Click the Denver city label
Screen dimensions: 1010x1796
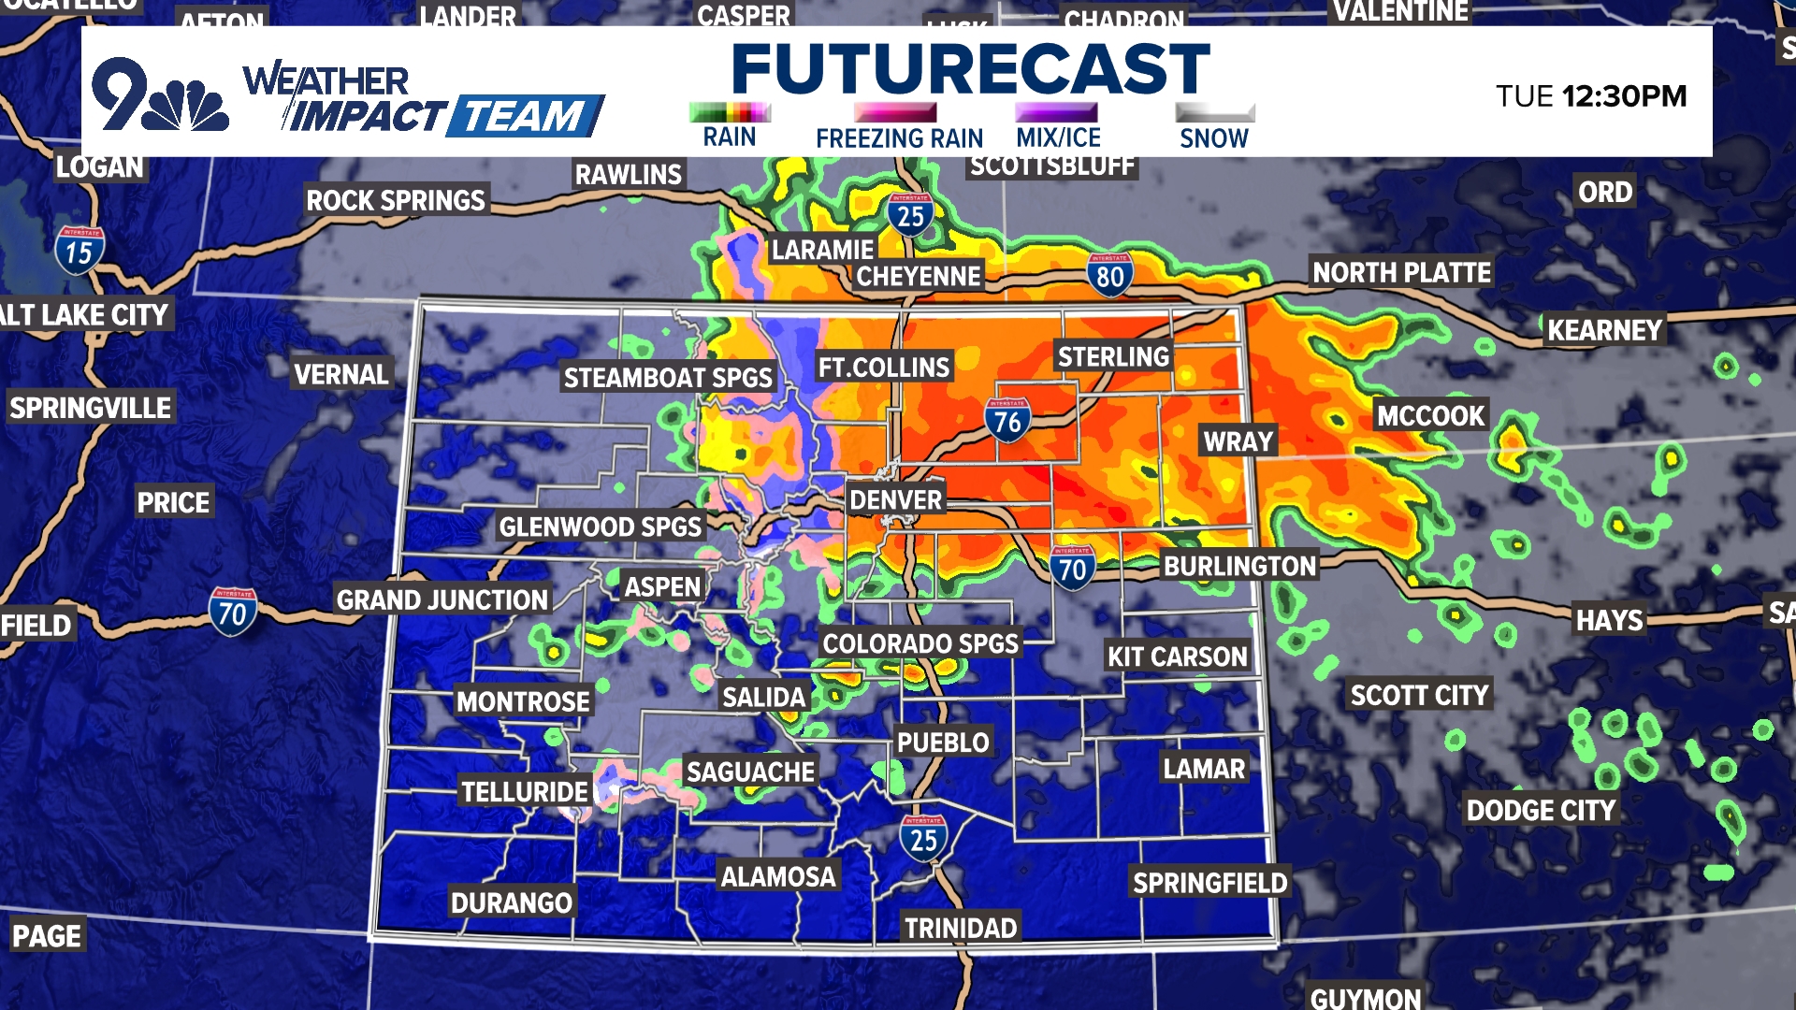pyautogui.click(x=895, y=500)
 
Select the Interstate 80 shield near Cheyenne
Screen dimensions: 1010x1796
pyautogui.click(x=1110, y=276)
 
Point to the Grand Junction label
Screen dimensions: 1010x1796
pyautogui.click(x=442, y=599)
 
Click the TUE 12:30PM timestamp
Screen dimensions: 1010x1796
pyautogui.click(x=1590, y=95)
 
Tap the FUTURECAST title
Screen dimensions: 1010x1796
pyautogui.click(x=971, y=68)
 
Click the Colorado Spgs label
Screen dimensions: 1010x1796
pyautogui.click(x=920, y=643)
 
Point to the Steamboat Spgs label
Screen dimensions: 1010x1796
pyautogui.click(x=668, y=378)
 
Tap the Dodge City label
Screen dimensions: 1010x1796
pyautogui.click(x=1541, y=810)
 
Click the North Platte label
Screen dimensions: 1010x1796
pyautogui.click(x=1401, y=272)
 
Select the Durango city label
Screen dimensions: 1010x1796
pyautogui.click(x=512, y=902)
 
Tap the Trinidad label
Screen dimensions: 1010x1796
pyautogui.click(x=961, y=928)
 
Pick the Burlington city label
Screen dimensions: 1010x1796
pyautogui.click(x=1239, y=566)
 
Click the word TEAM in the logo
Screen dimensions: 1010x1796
pyautogui.click(x=524, y=117)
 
